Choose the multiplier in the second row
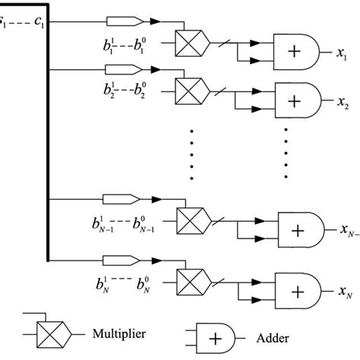point(186,90)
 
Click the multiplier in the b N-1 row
point(190,219)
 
